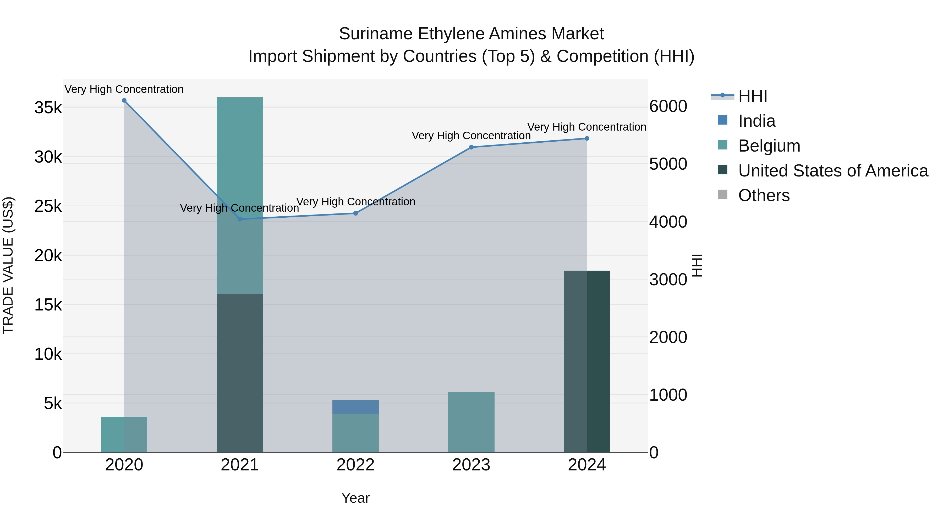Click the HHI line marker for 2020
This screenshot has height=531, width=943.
pos(124,100)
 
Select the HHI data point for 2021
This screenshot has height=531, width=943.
pos(240,219)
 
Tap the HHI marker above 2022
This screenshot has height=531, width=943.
pos(355,213)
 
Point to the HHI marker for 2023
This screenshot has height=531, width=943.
pos(471,147)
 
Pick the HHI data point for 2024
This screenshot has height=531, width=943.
pos(587,138)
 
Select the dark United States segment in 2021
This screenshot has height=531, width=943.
pos(240,373)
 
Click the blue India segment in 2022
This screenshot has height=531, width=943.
pos(355,407)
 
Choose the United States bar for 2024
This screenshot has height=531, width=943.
pos(587,361)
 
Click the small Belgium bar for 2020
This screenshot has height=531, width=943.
pos(124,434)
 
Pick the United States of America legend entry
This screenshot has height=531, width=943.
pos(833,171)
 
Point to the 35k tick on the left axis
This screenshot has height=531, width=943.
pos(48,108)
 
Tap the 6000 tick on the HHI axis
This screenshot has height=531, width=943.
pos(668,107)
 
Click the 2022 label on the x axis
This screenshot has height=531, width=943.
pos(355,465)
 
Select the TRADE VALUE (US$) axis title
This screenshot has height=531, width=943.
pos(8,265)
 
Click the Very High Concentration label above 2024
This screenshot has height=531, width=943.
pos(586,127)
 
